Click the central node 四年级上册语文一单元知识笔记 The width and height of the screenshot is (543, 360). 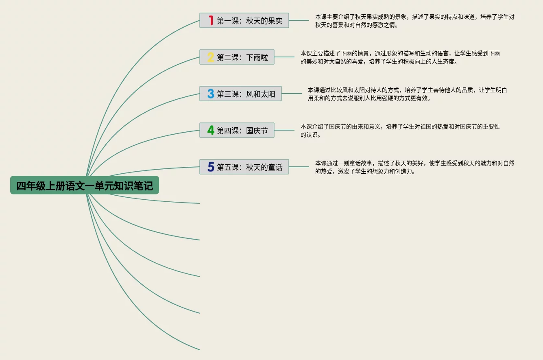pyautogui.click(x=85, y=185)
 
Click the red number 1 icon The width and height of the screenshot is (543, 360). pyautogui.click(x=211, y=20)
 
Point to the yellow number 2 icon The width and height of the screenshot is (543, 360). pyautogui.click(x=211, y=57)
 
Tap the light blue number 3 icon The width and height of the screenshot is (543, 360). pyautogui.click(x=211, y=94)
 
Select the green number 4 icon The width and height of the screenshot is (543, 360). pyautogui.click(x=211, y=131)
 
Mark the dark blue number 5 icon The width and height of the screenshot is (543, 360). pyautogui.click(x=211, y=167)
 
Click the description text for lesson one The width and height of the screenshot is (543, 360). pyautogui.click(x=414, y=21)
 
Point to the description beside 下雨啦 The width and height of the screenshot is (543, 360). pyautogui.click(x=400, y=57)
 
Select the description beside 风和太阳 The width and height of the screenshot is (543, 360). pyautogui.click(x=407, y=94)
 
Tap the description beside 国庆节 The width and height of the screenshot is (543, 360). pyautogui.click(x=400, y=131)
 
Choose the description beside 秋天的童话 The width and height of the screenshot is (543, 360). pyautogui.click(x=414, y=167)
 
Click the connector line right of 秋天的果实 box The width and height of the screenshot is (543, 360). pyautogui.click(x=299, y=20)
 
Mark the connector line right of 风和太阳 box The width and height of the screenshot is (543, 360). pyautogui.click(x=292, y=94)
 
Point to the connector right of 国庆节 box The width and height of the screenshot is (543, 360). pyautogui.click(x=284, y=130)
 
